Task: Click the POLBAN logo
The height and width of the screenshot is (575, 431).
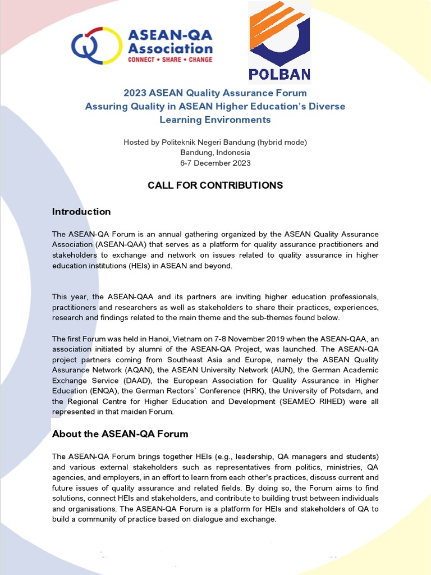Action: (279, 42)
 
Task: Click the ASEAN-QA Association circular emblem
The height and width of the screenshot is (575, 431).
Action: (91, 45)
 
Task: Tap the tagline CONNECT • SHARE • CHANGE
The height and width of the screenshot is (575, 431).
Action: (170, 59)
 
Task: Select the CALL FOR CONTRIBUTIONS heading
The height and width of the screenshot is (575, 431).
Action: (215, 185)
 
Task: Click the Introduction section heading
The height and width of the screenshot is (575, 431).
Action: (81, 212)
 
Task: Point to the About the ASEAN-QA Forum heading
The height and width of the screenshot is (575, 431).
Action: (120, 434)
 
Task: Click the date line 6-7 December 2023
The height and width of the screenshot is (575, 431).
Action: (215, 163)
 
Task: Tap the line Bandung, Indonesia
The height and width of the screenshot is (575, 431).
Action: (215, 153)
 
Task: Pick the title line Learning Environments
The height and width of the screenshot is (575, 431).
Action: (215, 120)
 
